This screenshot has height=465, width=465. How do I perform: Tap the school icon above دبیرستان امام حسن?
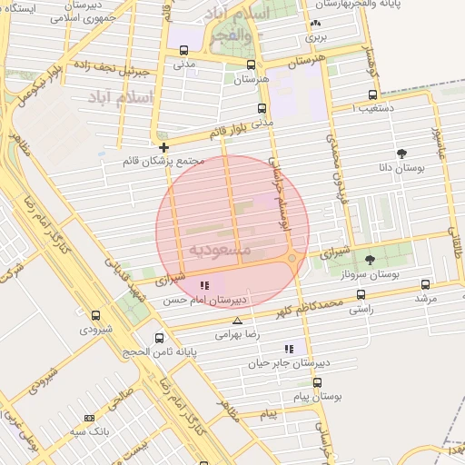coord(204,285)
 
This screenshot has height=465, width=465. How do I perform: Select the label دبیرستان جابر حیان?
coord(288,361)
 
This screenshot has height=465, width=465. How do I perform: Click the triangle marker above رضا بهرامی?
coord(238,322)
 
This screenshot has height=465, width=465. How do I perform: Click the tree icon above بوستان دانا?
coord(401,153)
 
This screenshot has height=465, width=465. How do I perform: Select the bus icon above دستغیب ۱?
coord(372,95)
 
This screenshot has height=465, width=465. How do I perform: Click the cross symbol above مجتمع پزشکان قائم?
coord(163,147)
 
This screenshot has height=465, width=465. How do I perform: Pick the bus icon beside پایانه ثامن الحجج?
coord(134,339)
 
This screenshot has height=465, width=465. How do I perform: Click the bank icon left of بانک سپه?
coord(89,418)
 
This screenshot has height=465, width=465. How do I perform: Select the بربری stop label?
coord(314,38)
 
